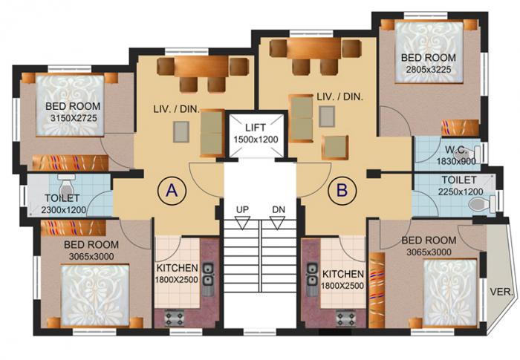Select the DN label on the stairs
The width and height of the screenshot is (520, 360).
click(279, 210)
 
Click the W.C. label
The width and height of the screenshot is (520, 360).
click(455, 148)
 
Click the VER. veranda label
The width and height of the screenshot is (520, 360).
click(501, 292)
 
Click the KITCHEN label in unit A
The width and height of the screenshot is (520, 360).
click(176, 267)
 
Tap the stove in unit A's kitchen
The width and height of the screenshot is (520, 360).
click(174, 318)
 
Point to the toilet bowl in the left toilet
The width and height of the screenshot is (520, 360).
click(65, 185)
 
